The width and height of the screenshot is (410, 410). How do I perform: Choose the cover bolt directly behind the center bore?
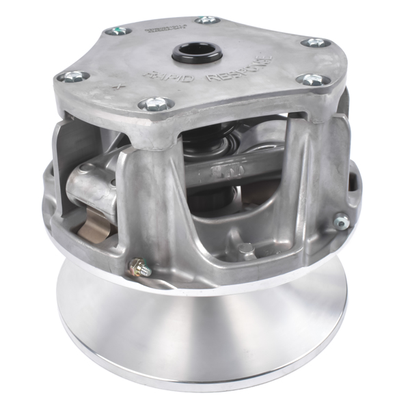coord(208,20)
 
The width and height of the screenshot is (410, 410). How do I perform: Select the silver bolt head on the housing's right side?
coord(340,221)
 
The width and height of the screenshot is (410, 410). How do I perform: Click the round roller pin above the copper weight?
coord(84,168)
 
